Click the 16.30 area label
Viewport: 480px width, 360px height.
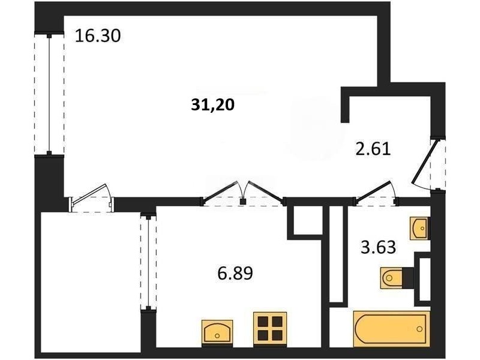(x=98, y=36)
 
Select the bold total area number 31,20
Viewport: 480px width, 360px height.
(x=213, y=105)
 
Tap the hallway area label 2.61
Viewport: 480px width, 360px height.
(x=373, y=149)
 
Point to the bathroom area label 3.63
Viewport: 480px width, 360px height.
(x=379, y=247)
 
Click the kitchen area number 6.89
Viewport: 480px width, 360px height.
(x=235, y=273)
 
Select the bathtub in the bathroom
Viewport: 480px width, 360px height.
(x=392, y=329)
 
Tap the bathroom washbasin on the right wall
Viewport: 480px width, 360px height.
(x=420, y=229)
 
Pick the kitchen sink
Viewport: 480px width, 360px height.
(x=217, y=333)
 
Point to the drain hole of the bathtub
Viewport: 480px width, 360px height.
(x=419, y=329)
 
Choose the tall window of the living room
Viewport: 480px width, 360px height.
(x=49, y=95)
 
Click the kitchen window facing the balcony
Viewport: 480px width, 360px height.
(x=148, y=262)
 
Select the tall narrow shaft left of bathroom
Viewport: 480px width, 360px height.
(x=337, y=254)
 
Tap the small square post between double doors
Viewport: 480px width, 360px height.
(x=243, y=202)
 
